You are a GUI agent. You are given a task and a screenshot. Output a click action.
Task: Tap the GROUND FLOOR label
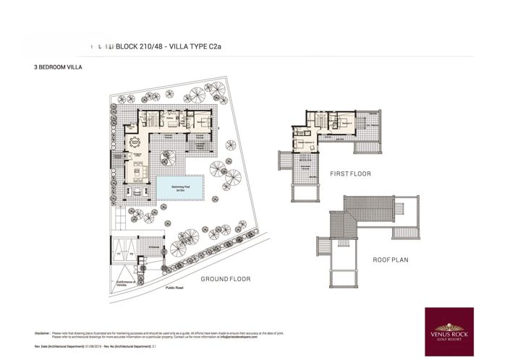point(224,279)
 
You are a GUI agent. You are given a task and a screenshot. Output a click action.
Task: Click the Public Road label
point(175,287)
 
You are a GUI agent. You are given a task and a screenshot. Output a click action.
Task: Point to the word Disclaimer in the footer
point(41,333)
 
